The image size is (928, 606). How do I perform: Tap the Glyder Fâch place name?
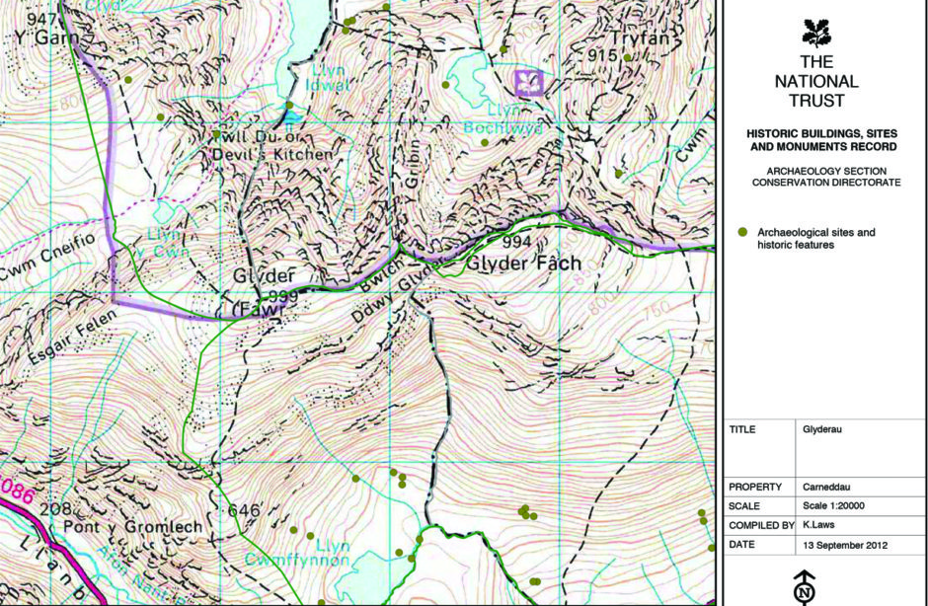[x=522, y=264]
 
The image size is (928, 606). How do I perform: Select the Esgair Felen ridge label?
[x=68, y=335]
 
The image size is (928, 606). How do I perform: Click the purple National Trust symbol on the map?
[x=530, y=81]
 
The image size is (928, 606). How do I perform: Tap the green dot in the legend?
[x=743, y=232]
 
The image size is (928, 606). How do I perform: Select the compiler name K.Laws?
[x=821, y=525]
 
